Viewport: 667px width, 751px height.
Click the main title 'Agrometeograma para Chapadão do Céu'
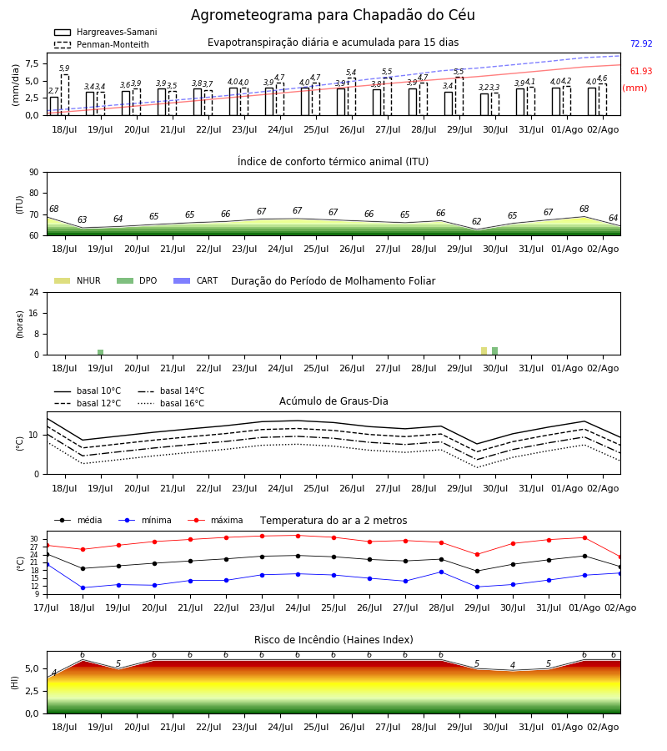[x=333, y=15]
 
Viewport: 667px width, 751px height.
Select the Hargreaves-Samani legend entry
[x=105, y=32]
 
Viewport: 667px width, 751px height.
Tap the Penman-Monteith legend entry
[x=102, y=44]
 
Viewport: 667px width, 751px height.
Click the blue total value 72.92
[x=641, y=43]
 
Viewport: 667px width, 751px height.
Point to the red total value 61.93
[x=641, y=72]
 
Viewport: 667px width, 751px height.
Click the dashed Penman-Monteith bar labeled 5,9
[x=64, y=95]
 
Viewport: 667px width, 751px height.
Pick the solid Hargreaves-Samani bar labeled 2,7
[x=54, y=106]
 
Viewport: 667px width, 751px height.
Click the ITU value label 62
[x=477, y=221]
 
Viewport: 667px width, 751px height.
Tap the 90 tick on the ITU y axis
[x=34, y=173]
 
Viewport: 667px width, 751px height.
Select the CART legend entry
[x=196, y=280]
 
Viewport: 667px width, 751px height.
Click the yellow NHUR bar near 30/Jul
[x=484, y=351]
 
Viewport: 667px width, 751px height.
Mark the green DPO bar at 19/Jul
[x=101, y=352]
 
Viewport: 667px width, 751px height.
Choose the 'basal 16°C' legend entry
[x=171, y=403]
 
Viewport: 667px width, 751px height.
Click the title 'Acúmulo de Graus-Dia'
[x=333, y=401]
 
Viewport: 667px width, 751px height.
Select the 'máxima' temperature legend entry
[x=215, y=520]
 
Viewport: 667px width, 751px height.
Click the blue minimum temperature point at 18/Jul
[x=83, y=587]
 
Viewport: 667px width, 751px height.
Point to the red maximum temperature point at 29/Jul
[x=477, y=555]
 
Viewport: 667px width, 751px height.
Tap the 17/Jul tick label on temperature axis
[x=47, y=607]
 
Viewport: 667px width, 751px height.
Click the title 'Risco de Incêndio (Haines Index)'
[x=333, y=640]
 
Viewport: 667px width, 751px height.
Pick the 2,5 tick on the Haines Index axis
[x=32, y=691]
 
